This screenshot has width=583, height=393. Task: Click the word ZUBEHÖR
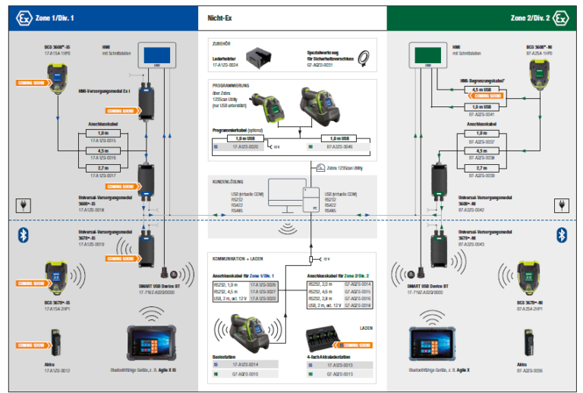click(222, 45)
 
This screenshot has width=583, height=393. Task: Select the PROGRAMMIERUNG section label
click(231, 86)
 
